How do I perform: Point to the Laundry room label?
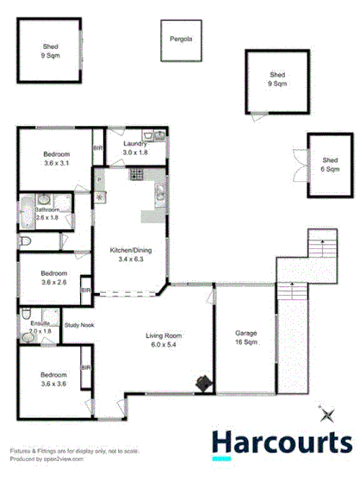[135, 148]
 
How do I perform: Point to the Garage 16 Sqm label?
[246, 335]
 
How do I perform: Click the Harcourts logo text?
[282, 442]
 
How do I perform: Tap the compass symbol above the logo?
[326, 415]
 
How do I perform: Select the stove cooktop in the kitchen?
[135, 175]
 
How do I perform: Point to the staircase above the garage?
[319, 243]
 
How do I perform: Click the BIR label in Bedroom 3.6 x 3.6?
[85, 369]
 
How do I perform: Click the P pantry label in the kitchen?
[99, 179]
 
